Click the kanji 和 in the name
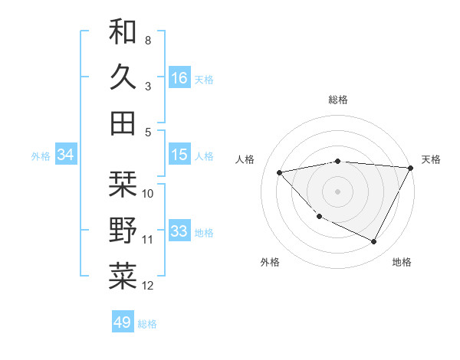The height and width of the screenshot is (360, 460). click(x=123, y=32)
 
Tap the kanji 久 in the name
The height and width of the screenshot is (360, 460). click(x=123, y=77)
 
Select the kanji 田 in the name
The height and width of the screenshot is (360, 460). click(x=123, y=123)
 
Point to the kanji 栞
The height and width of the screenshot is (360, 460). click(x=123, y=184)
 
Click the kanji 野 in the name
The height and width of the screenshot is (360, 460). click(x=123, y=230)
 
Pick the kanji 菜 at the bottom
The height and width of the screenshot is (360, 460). click(x=123, y=277)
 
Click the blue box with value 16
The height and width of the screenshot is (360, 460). click(x=179, y=77)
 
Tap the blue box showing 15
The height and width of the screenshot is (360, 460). click(x=179, y=155)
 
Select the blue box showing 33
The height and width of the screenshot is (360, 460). click(x=179, y=231)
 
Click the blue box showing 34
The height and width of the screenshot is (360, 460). click(x=66, y=155)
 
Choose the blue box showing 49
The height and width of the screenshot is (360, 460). click(x=123, y=322)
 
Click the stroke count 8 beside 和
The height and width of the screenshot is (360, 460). click(x=147, y=39)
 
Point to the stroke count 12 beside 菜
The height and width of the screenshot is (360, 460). click(x=148, y=286)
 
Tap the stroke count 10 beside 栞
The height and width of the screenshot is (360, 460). click(x=148, y=193)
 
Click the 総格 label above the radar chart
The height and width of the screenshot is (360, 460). click(x=338, y=100)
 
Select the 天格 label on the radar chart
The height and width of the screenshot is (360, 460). click(x=431, y=159)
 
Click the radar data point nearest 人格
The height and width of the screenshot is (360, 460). click(x=280, y=172)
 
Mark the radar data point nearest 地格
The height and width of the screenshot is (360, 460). click(x=373, y=242)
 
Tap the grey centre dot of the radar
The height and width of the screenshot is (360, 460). click(x=338, y=191)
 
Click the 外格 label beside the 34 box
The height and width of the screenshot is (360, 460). click(x=41, y=155)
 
